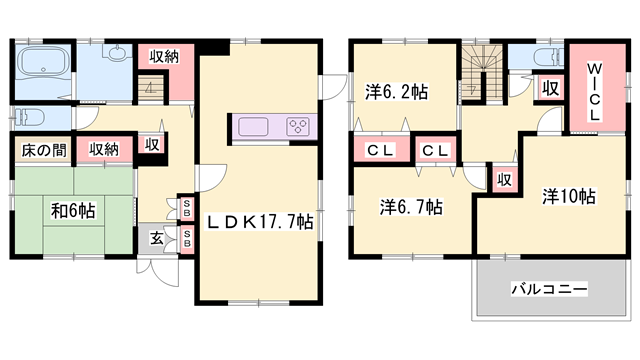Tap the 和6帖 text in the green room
point(73,211)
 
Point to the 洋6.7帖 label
point(410,207)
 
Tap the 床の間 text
point(39,149)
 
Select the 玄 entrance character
point(159,238)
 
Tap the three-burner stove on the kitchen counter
point(298,127)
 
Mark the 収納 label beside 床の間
point(103,149)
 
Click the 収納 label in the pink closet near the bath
point(165,56)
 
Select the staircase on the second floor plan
point(481,72)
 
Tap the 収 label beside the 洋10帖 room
point(506,180)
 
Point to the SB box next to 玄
point(187,239)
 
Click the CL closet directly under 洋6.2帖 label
point(377,150)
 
